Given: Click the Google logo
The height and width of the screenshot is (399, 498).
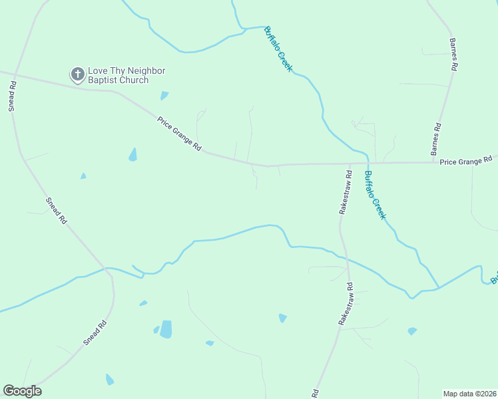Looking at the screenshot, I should [22, 391].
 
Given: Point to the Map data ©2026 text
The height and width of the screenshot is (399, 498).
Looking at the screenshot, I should [469, 393].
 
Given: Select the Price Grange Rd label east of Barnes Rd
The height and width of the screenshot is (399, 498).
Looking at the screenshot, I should [467, 160].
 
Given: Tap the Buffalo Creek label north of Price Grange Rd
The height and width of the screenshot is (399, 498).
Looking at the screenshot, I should [278, 49].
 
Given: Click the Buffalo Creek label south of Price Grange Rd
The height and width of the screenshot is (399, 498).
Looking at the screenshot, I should [375, 196].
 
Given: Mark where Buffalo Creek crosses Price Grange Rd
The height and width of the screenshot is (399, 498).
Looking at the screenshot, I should [368, 162].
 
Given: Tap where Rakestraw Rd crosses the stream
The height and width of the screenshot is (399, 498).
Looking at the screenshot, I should [346, 256].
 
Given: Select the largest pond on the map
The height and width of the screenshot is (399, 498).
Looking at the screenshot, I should [166, 329].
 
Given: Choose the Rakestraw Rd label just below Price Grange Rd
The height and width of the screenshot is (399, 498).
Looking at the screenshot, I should [345, 192].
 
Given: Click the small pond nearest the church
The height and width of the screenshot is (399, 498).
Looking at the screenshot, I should [164, 96].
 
